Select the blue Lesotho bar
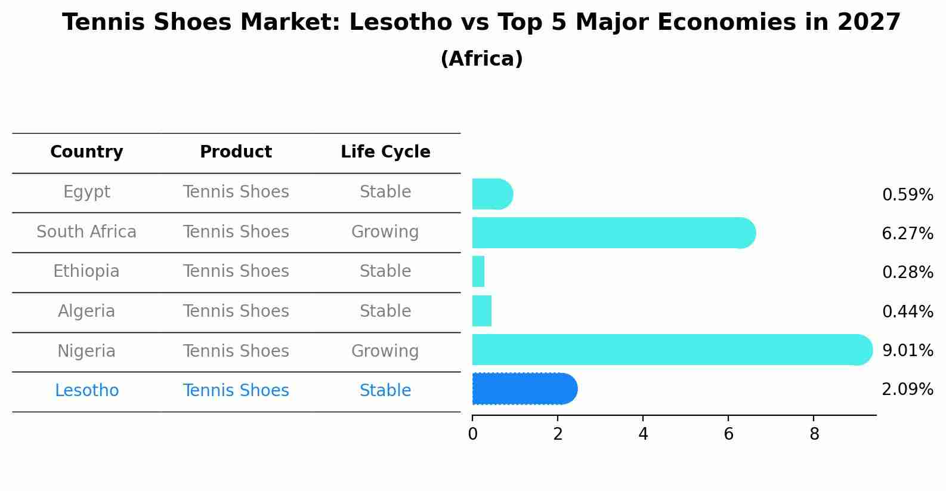pyautogui.click(x=524, y=389)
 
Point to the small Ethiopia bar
pyautogui.click(x=478, y=271)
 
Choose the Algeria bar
pyautogui.click(x=482, y=311)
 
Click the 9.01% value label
pyautogui.click(x=907, y=350)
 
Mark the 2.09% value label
pyautogui.click(x=907, y=390)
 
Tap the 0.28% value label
pyautogui.click(x=907, y=273)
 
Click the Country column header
pyautogui.click(x=86, y=152)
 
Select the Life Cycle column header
pyautogui.click(x=385, y=152)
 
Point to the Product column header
pyautogui.click(x=236, y=152)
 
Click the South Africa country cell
pyautogui.click(x=86, y=231)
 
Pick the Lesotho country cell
pyautogui.click(x=86, y=391)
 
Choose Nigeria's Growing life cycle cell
pyautogui.click(x=385, y=351)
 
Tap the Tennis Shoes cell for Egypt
pyautogui.click(x=236, y=192)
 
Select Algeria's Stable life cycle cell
pyautogui.click(x=385, y=311)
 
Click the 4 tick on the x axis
pyautogui.click(x=643, y=434)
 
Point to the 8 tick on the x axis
pyautogui.click(x=814, y=434)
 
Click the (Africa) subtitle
pyautogui.click(x=481, y=59)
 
